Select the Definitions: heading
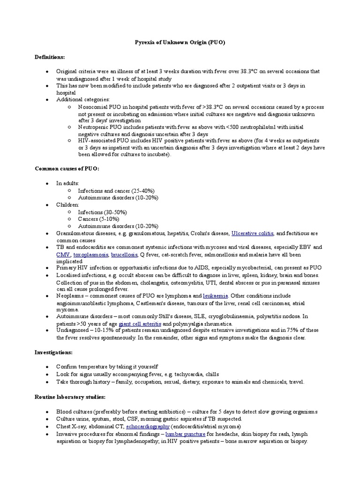50,57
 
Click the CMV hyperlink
63,254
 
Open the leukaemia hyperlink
216,296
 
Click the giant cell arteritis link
140,324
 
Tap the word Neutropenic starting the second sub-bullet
94,127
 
